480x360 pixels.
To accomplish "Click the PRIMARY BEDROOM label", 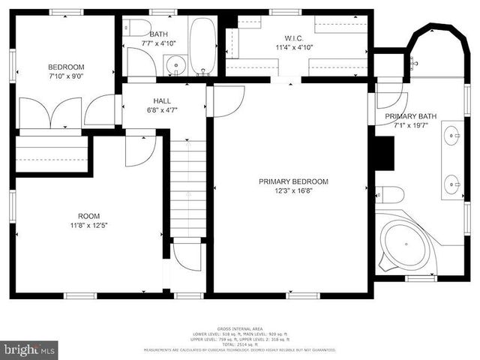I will point(293,181).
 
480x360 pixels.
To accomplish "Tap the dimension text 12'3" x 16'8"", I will point(293,190).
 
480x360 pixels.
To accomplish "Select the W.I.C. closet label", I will point(292,38).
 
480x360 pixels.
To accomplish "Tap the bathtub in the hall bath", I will point(202,46).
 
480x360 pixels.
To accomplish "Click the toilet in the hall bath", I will point(136,28).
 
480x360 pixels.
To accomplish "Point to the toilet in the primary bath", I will point(390,195).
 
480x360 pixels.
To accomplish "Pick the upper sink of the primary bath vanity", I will point(452,136).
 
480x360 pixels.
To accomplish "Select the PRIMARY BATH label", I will point(411,116).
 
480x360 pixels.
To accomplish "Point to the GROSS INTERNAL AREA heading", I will point(239,329).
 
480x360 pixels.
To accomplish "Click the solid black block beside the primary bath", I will point(384,154).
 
